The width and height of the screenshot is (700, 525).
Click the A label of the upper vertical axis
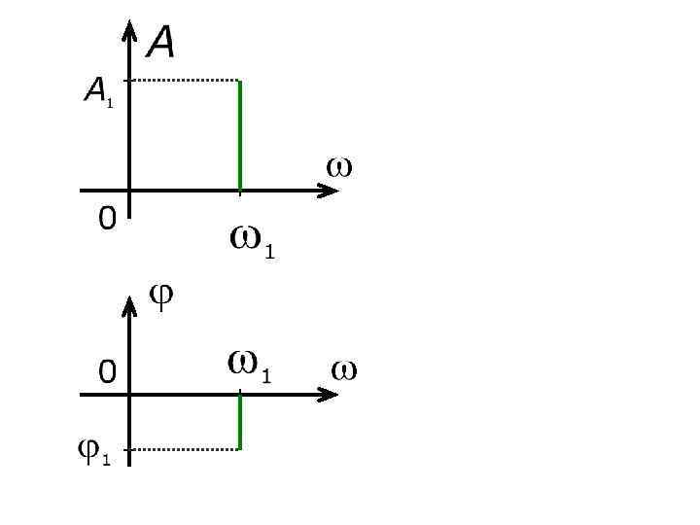click(x=161, y=42)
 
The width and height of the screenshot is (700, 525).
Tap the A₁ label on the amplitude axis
click(x=97, y=92)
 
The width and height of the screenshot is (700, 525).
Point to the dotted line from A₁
click(x=185, y=80)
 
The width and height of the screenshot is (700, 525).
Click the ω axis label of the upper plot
click(x=338, y=167)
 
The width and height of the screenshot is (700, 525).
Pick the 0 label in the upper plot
click(x=107, y=219)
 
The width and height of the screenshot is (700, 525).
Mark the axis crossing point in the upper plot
click(x=129, y=190)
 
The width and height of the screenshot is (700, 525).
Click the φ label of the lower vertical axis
click(x=161, y=296)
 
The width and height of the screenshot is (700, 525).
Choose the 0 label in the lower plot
click(x=107, y=371)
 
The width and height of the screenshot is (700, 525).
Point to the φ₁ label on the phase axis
click(x=93, y=451)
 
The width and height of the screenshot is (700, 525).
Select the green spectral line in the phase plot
click(x=240, y=421)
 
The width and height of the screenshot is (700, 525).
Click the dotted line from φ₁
click(x=185, y=449)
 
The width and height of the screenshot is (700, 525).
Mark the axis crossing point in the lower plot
click(x=129, y=394)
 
